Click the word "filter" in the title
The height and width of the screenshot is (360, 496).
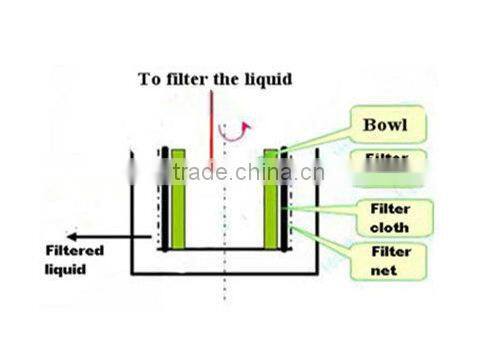tap(182, 79)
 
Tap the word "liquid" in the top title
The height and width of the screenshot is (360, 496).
tap(263, 79)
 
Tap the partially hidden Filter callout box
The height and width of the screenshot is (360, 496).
tap(387, 160)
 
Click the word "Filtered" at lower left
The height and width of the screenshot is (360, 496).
tap(74, 252)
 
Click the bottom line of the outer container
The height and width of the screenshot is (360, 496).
tap(225, 274)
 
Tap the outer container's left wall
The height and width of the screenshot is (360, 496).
tap(133, 215)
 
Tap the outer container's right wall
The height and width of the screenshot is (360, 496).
tap(318, 215)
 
